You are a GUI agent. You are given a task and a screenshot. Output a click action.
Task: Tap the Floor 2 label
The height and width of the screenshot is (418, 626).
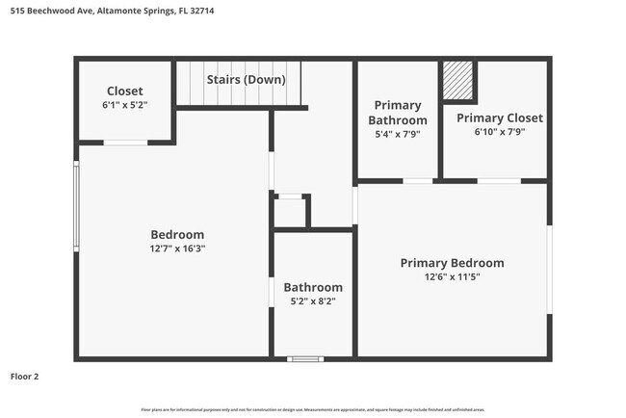tap(26, 377)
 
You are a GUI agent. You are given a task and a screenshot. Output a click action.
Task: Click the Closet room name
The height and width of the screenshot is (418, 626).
tap(124, 91)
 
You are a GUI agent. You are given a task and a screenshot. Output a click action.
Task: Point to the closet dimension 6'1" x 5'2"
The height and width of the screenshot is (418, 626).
tap(125, 104)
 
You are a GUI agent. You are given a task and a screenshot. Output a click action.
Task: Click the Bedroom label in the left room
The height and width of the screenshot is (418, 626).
tap(177, 234)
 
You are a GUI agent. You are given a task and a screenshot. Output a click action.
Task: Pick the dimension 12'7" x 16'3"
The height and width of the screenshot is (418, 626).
tap(177, 248)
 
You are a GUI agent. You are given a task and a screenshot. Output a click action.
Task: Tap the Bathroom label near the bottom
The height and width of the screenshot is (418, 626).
tap(312, 287)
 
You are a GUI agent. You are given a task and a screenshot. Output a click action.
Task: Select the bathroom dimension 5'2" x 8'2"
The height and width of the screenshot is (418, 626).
tap(312, 300)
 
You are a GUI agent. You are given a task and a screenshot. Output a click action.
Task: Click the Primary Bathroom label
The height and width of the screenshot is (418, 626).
tap(398, 113)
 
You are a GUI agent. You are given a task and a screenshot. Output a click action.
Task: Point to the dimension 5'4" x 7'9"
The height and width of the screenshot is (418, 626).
tap(398, 134)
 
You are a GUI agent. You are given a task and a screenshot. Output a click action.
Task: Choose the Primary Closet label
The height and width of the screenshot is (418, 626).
tap(499, 118)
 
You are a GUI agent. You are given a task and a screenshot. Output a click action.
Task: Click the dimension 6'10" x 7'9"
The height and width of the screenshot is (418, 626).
tap(499, 133)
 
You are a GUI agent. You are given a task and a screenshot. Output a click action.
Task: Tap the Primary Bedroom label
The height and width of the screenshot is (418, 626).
tap(452, 263)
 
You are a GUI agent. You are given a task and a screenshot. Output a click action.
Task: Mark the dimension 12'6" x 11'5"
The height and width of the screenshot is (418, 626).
tap(452, 276)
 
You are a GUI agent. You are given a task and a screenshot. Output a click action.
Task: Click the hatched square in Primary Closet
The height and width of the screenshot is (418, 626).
tap(458, 81)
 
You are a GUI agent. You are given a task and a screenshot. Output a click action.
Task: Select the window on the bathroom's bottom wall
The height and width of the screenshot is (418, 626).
tap(305, 359)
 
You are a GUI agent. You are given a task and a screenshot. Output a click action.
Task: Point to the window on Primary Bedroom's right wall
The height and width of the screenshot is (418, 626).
tap(549, 270)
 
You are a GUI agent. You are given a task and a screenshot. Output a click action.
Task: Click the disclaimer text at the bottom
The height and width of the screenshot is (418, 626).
tap(313, 410)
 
